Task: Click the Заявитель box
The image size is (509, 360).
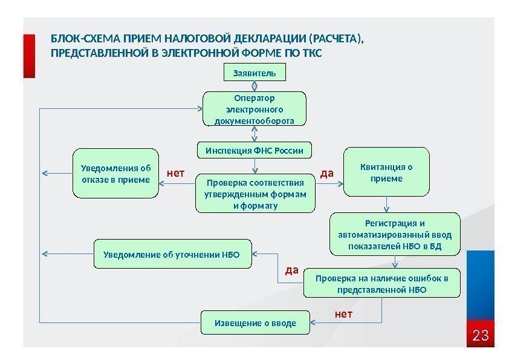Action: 254,73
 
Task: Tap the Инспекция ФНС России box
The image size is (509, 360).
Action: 254,150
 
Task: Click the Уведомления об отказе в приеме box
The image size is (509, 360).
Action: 115,174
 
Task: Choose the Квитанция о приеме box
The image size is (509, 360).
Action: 386,173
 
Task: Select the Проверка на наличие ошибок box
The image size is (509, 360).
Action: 381,284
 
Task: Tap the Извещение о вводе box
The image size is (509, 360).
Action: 255,323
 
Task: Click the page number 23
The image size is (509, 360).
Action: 480,335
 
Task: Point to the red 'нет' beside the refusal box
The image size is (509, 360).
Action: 175,174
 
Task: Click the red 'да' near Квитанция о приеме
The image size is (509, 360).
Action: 327,174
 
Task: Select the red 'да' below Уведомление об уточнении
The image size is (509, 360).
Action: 292,270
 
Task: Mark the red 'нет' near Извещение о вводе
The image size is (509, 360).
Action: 343,315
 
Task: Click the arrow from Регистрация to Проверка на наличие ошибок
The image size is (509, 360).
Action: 395,262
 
